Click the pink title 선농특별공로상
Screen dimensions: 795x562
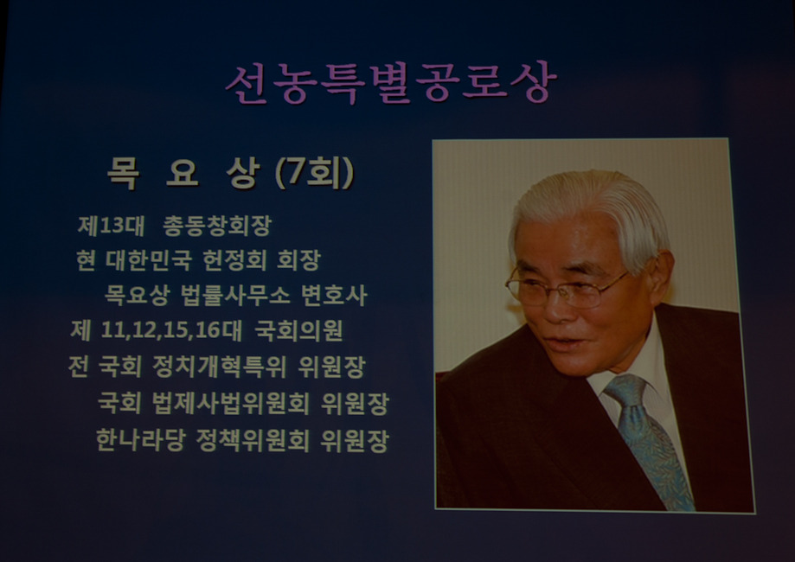391,83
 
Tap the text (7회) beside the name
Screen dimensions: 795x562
314,173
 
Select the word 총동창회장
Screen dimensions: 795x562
217,226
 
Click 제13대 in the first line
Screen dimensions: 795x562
111,226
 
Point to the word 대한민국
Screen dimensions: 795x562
149,260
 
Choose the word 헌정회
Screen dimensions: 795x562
234,260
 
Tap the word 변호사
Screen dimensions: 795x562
334,296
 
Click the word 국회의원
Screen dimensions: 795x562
298,330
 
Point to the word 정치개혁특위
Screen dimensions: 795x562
219,367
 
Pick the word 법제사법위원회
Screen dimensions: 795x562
231,404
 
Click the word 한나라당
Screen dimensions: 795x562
140,440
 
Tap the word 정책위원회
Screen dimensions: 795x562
253,440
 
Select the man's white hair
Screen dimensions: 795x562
591,213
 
